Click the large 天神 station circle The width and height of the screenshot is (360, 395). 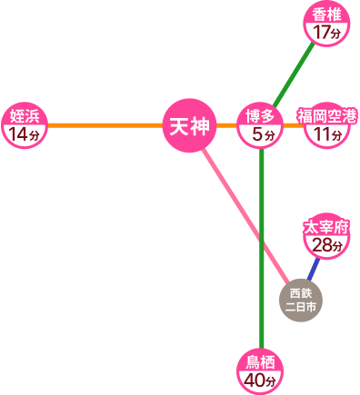point(189,124)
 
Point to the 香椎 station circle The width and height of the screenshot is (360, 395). point(325,24)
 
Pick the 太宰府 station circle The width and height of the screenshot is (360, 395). point(325,235)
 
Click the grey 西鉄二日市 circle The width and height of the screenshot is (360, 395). point(301,301)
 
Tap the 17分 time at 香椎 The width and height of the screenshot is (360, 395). point(325,34)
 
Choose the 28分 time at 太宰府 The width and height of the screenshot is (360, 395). point(325,245)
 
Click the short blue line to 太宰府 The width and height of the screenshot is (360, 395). point(314,269)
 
